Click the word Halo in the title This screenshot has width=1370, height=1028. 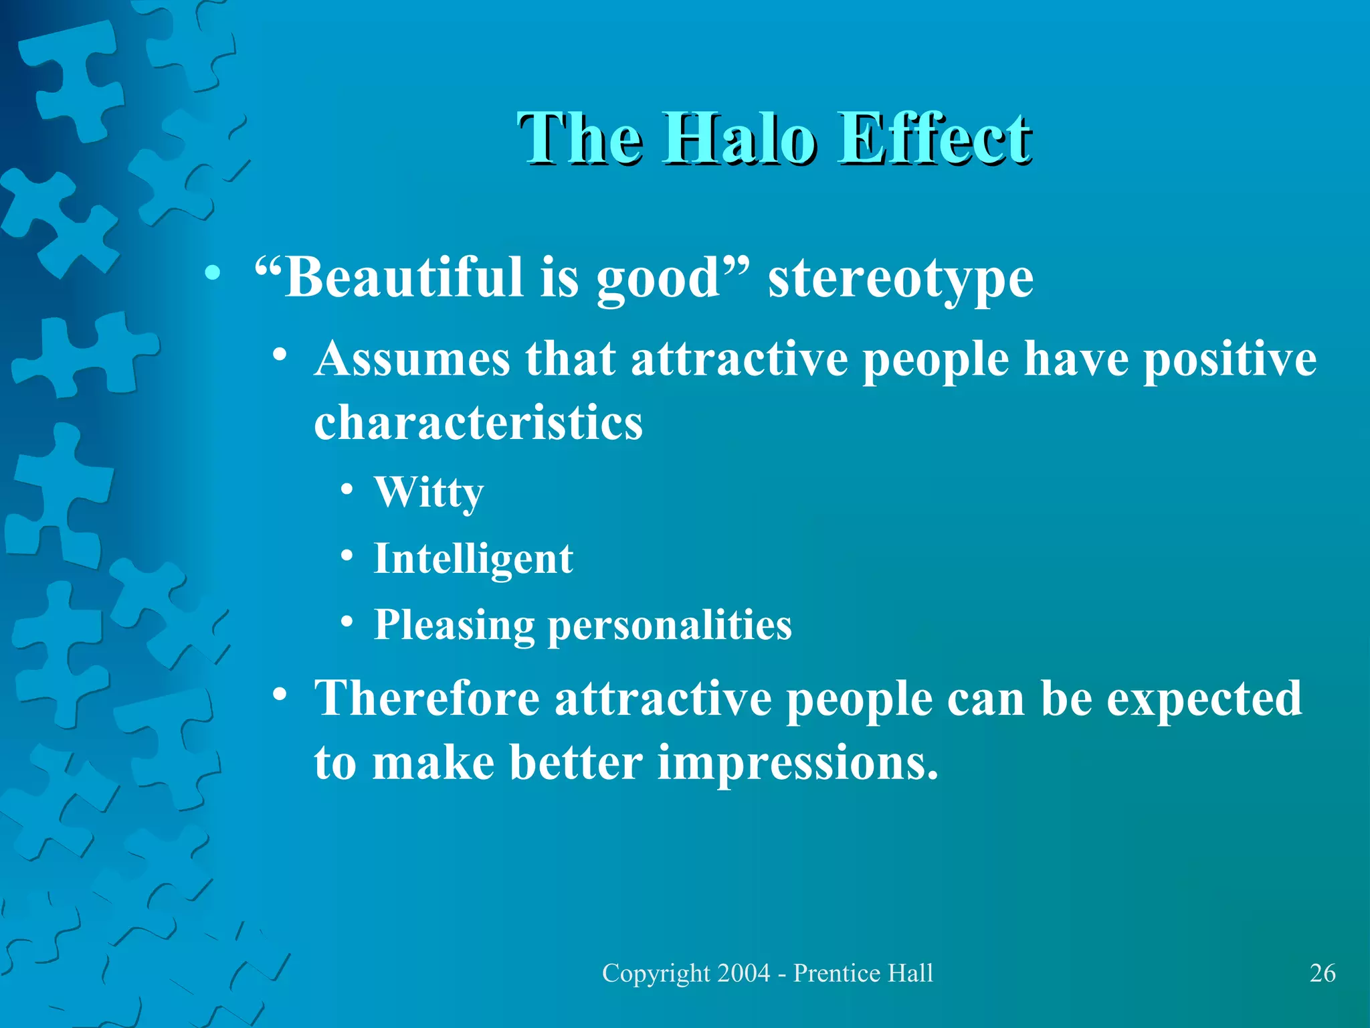click(739, 139)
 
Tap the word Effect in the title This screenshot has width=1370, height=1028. click(935, 139)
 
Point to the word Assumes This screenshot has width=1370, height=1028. click(412, 359)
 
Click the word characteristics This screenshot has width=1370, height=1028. click(478, 423)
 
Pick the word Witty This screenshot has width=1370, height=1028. click(429, 493)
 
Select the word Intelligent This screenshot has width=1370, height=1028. click(473, 560)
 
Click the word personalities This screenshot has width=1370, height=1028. click(670, 626)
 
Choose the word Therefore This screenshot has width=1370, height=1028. click(427, 698)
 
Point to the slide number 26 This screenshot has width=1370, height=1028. click(1323, 973)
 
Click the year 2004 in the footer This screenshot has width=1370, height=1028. click(743, 973)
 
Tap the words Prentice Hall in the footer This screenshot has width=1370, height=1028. click(863, 973)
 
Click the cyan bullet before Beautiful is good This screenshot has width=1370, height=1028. click(213, 272)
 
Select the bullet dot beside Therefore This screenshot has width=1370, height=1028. click(281, 694)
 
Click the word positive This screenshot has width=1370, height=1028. click(1230, 359)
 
